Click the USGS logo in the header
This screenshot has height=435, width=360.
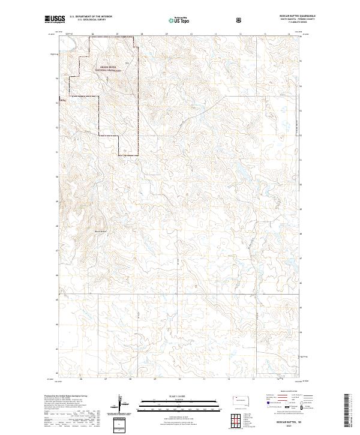click(55, 20)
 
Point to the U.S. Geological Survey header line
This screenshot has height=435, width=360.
click(88, 20)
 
